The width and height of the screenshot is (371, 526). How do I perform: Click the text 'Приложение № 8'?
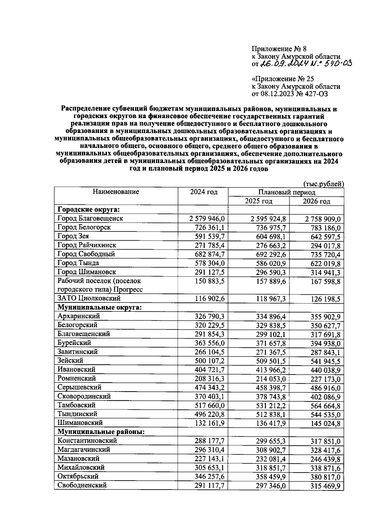(x=279, y=49)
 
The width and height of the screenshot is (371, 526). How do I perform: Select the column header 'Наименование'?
(x=116, y=192)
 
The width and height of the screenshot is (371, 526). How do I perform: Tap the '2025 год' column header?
(x=258, y=201)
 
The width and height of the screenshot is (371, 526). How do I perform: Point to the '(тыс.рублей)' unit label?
(x=324, y=184)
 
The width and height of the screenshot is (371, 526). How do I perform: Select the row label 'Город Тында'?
(x=78, y=263)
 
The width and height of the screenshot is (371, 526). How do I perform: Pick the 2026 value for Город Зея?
(x=324, y=237)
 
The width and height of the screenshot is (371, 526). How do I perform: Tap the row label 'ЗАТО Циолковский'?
(x=89, y=298)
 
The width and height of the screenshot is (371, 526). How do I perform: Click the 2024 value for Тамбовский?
(x=210, y=405)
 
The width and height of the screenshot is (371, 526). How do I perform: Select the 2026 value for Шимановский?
(x=325, y=423)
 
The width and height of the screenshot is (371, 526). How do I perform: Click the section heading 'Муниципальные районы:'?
(x=101, y=432)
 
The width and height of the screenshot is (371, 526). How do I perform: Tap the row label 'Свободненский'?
(x=82, y=485)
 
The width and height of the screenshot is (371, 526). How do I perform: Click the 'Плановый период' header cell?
(x=286, y=192)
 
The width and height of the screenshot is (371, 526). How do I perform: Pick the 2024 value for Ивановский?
(x=210, y=370)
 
